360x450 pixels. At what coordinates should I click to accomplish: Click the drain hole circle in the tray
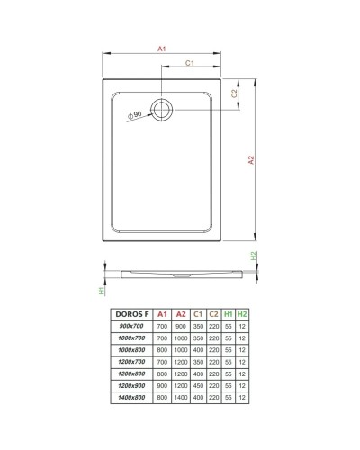pos(163,111)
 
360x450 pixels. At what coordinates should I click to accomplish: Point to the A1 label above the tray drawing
pos(160,49)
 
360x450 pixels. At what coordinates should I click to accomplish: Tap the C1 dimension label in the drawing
pos(192,63)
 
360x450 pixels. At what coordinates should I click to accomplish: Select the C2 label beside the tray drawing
pos(234,94)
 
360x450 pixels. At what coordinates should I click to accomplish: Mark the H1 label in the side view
pos(103,291)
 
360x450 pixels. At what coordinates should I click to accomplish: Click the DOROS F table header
pos(132,312)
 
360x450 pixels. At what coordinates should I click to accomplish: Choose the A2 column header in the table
pos(181,312)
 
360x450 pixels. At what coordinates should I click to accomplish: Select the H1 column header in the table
pos(229,312)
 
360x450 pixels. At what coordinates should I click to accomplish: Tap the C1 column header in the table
pos(197,312)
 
